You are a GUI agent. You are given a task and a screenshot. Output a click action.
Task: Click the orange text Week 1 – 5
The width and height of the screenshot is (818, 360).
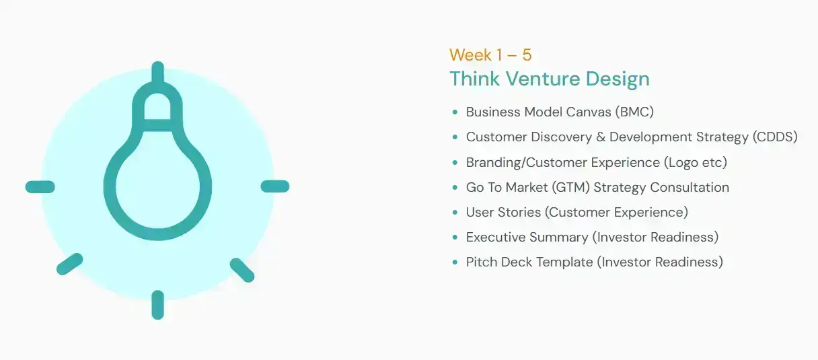tap(490, 55)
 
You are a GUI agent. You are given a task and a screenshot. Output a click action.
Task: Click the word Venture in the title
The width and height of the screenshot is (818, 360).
tap(543, 79)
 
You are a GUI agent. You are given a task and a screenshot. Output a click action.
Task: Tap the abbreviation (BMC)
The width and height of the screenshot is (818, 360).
tap(634, 112)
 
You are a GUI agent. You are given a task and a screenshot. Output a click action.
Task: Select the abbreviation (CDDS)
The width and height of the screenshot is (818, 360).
tap(775, 137)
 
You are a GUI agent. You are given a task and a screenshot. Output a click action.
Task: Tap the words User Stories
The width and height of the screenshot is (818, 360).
tap(503, 212)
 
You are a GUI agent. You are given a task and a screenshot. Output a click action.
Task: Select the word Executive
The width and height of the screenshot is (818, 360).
tap(496, 238)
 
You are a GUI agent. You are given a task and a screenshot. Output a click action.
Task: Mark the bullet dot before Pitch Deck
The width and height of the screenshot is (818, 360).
tap(455, 262)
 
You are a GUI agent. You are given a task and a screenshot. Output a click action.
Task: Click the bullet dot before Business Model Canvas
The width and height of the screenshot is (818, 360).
tap(455, 112)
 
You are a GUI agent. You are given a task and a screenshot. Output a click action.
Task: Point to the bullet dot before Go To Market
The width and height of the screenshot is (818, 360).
tap(455, 187)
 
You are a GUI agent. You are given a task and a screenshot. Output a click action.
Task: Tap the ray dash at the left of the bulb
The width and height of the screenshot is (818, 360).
tap(40, 187)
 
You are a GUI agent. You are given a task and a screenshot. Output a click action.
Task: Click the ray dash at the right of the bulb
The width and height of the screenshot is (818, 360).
tap(275, 186)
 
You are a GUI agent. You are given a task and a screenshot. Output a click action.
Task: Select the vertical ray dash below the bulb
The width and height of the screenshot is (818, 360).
tap(158, 305)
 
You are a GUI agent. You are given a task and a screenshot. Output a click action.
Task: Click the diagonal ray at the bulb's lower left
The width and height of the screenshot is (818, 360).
tap(70, 264)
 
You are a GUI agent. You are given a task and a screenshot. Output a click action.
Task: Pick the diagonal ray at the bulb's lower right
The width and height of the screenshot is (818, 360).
tap(242, 271)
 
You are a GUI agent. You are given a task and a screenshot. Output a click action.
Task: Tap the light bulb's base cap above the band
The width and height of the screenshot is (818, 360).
tap(157, 100)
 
